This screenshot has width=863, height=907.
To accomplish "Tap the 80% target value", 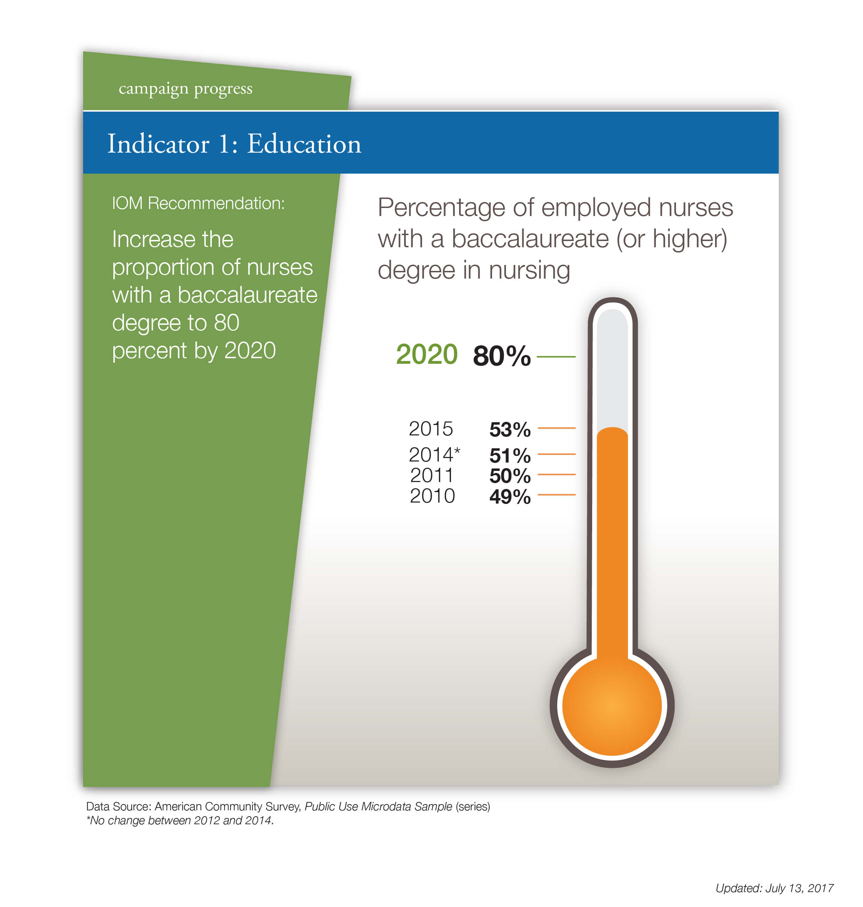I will pyautogui.click(x=501, y=356).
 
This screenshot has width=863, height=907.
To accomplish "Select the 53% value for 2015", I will pyautogui.click(x=510, y=430).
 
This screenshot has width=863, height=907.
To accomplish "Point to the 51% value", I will pyautogui.click(x=510, y=456).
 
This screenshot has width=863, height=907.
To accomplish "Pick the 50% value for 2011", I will pyautogui.click(x=510, y=476).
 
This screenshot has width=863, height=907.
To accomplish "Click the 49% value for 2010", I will pyautogui.click(x=510, y=497).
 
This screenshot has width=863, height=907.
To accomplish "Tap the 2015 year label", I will pyautogui.click(x=430, y=429).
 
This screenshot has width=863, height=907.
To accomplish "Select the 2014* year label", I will pyautogui.click(x=434, y=455).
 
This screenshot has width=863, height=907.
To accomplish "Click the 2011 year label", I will pyautogui.click(x=431, y=475).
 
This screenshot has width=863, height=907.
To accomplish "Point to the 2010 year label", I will pyautogui.click(x=432, y=496).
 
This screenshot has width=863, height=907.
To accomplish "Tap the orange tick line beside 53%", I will pyautogui.click(x=556, y=428).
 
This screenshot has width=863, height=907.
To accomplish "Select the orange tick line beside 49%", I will pyautogui.click(x=556, y=495).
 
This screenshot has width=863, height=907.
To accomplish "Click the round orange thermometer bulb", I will pyautogui.click(x=612, y=705).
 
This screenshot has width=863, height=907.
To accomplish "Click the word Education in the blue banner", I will pyautogui.click(x=304, y=144).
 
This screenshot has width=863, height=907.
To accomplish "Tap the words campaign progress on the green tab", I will pyautogui.click(x=185, y=88).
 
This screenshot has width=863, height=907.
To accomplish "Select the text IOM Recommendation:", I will pyautogui.click(x=198, y=203).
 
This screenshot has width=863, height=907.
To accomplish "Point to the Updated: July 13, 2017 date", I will pyautogui.click(x=774, y=888).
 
